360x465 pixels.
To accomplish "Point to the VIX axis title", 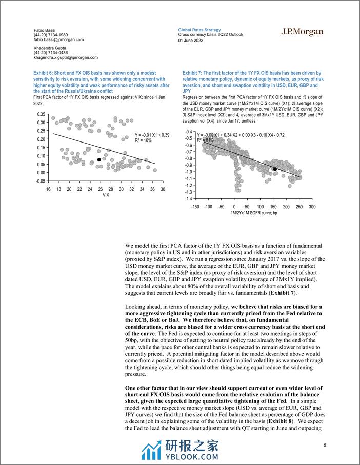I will coord(105,195).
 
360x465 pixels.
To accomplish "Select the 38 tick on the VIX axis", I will coord(163,189).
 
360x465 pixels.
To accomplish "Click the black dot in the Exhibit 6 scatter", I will coord(99,160).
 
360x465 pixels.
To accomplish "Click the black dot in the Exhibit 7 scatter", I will coord(275,169).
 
